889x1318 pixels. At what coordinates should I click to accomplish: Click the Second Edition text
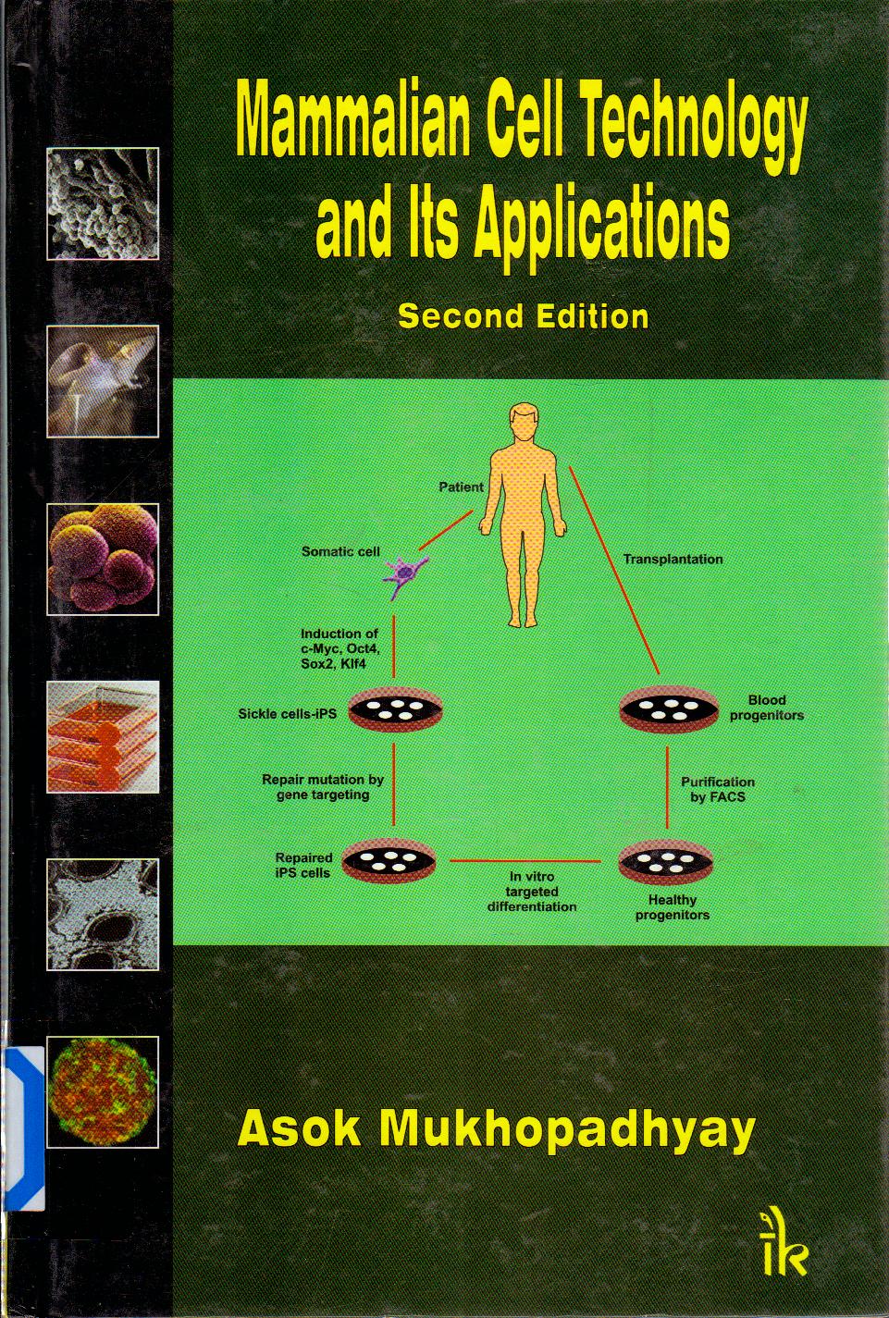[523, 316]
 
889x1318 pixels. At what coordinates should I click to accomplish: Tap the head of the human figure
[524, 423]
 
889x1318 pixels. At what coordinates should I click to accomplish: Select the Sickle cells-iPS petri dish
[395, 709]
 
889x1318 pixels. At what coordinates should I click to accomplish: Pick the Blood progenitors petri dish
[668, 709]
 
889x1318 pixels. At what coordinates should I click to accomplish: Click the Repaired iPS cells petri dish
[389, 861]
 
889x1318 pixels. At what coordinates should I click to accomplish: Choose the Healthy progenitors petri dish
[665, 861]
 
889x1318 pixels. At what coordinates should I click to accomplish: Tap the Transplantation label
[673, 559]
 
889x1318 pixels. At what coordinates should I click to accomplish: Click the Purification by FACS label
[717, 790]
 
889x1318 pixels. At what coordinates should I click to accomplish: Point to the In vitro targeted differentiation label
[531, 892]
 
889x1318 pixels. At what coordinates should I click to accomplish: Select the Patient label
[462, 487]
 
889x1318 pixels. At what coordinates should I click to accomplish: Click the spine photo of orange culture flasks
[103, 736]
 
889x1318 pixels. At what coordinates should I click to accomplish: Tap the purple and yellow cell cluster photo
[103, 559]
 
